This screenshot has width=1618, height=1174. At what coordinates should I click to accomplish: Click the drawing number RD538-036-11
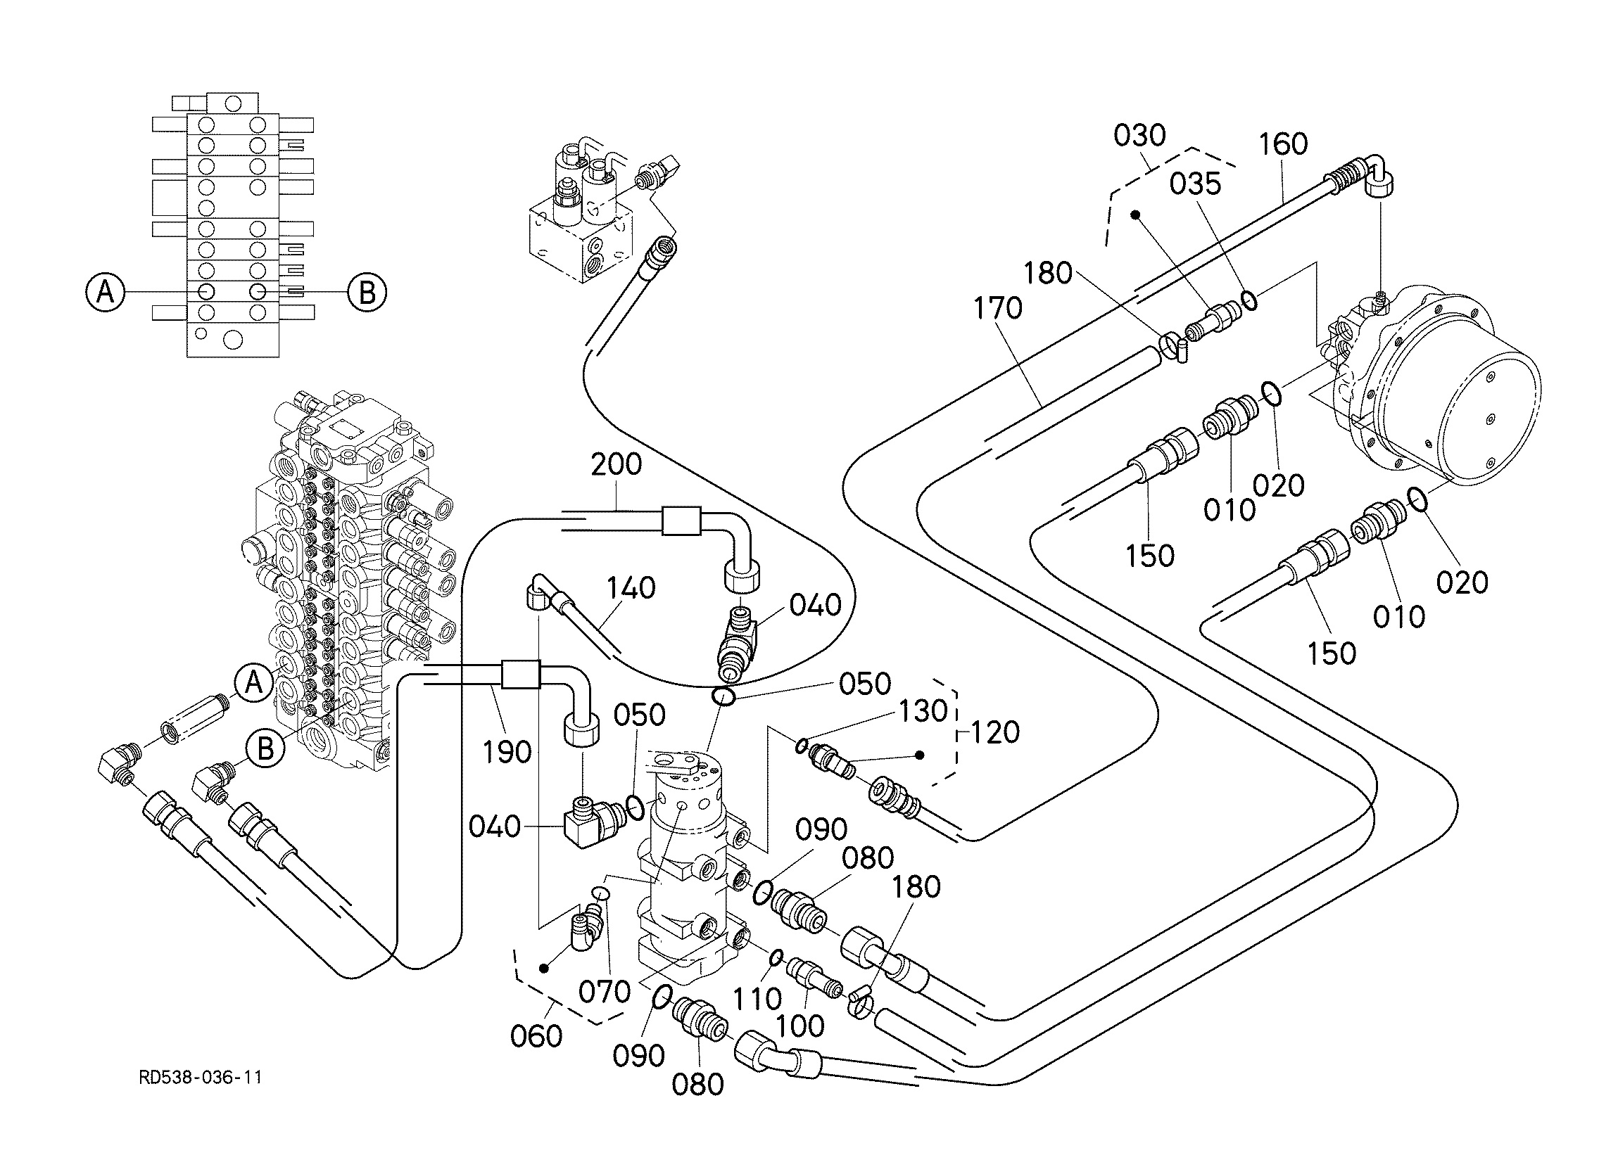click(201, 1077)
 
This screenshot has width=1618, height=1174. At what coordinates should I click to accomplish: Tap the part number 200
click(617, 465)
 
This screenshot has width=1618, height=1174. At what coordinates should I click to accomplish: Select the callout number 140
click(631, 589)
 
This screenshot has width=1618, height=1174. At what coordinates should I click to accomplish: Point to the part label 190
click(507, 752)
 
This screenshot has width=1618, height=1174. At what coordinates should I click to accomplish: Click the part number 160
click(1283, 144)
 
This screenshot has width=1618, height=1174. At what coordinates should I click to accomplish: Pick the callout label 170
click(998, 308)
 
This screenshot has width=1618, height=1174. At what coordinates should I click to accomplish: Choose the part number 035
click(1195, 184)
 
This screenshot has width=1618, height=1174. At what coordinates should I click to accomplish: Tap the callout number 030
click(1139, 135)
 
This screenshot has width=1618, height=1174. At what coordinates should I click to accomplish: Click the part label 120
click(995, 732)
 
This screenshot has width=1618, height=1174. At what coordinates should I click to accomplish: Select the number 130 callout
click(923, 711)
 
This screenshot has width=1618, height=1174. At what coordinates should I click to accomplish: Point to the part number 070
click(605, 991)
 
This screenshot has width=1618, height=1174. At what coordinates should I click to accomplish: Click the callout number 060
click(536, 1036)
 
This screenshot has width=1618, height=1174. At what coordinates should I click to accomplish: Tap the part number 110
click(757, 1000)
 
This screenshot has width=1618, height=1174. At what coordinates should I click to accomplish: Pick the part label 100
click(800, 1026)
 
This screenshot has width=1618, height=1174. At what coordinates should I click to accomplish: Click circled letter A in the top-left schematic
click(105, 292)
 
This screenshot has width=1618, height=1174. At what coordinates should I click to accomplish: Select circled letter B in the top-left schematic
click(367, 293)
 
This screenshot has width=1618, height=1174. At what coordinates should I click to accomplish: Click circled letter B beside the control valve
click(265, 749)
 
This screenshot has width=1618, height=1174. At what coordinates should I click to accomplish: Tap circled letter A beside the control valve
click(254, 682)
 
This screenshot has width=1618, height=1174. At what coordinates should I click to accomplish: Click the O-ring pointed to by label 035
click(1249, 300)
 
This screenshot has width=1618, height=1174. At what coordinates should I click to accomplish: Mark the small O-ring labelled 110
click(777, 957)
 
